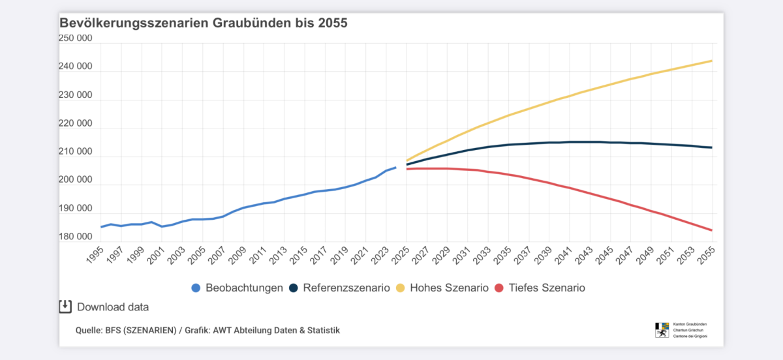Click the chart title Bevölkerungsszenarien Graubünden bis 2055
tap(204, 23)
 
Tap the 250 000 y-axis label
tap(76, 38)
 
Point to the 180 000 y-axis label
tap(76, 236)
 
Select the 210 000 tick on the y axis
tap(76, 152)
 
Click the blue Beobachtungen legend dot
tap(196, 288)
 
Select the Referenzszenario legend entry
tap(346, 288)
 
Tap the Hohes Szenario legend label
tap(449, 288)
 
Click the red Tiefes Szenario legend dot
tap(499, 288)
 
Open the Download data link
tap(113, 307)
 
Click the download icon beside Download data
tap(65, 307)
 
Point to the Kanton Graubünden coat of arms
tap(662, 329)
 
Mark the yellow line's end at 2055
tap(711, 61)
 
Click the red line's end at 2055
tap(711, 230)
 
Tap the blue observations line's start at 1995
tap(101, 227)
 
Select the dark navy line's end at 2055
tap(711, 147)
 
